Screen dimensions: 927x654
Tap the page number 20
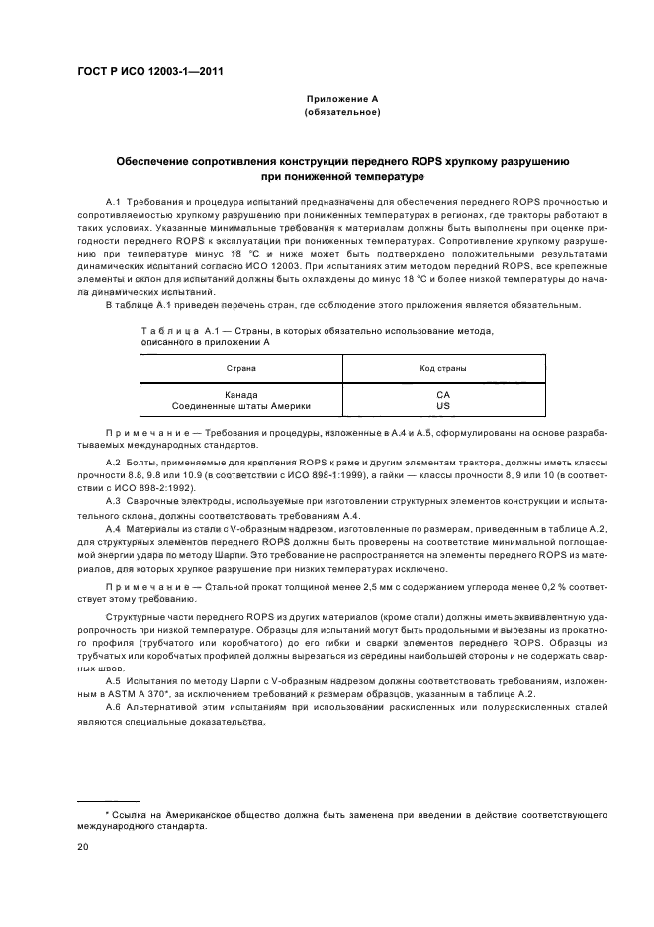(83, 848)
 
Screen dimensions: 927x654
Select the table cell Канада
(241, 394)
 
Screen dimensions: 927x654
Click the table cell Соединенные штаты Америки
(241, 406)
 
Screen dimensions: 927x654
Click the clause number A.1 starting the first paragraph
(113, 201)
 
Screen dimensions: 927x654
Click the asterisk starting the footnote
(107, 812)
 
